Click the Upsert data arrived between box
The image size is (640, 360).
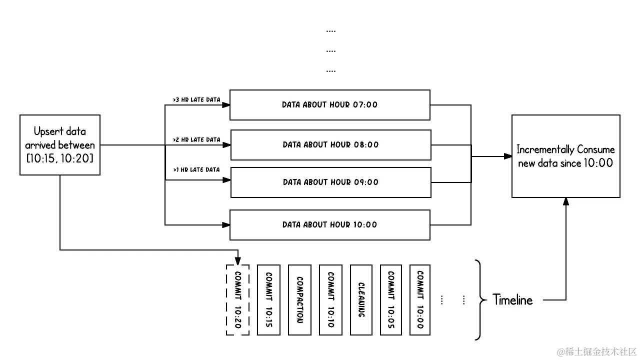60,145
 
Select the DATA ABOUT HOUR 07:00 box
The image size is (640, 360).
329,105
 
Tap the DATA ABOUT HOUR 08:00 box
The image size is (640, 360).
330,145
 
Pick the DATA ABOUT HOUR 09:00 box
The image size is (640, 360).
330,182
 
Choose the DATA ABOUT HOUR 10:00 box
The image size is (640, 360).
329,225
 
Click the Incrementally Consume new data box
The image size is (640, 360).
565,156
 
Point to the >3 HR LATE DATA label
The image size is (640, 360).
196,100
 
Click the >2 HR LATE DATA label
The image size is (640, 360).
196,140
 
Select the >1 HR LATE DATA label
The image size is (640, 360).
196,170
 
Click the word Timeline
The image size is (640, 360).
512,300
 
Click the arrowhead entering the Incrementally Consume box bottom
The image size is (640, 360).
566,201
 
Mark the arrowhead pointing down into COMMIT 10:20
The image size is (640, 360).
238,260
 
